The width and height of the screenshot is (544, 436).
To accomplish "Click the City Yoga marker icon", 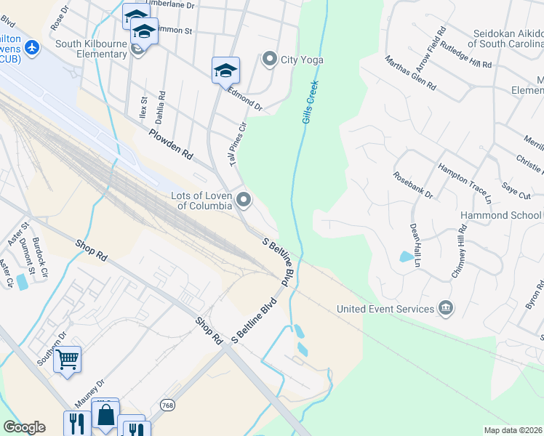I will coord(270,59).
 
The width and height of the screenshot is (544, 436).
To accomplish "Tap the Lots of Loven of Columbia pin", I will coord(243,199).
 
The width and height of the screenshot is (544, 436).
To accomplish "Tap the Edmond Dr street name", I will coord(245,100).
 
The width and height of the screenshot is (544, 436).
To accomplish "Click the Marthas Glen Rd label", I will coord(410,73).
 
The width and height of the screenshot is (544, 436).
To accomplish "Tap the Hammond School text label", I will coord(501,216).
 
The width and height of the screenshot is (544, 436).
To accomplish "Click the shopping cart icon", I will coord(67,358).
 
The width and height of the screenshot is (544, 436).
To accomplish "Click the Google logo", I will coord(24,427).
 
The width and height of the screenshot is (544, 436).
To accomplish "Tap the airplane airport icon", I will coord(31,47).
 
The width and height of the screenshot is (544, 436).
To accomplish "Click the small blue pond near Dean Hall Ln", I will coord(405,256).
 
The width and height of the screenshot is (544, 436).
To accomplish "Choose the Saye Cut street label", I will coord(516,191).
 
